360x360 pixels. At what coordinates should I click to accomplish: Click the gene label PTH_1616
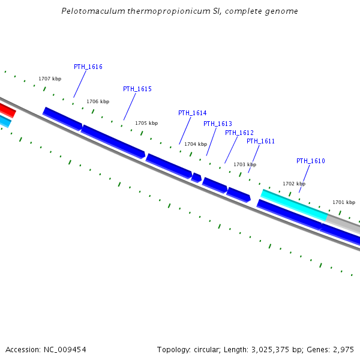(88, 67)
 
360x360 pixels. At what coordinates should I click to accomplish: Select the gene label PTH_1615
(137, 89)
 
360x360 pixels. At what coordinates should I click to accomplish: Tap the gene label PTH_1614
(192, 113)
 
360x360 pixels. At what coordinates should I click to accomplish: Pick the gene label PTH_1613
(217, 124)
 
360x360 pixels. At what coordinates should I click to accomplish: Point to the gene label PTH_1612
(239, 133)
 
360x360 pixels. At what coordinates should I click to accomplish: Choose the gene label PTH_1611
(260, 141)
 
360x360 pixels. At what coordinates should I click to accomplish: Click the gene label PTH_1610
(311, 161)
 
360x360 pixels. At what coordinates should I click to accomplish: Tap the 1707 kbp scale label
(50, 79)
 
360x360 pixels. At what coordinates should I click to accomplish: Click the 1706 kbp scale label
(98, 101)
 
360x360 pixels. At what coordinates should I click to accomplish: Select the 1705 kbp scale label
(146, 123)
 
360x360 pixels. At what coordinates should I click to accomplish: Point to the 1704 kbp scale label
(196, 144)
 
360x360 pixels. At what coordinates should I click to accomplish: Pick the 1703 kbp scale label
(245, 164)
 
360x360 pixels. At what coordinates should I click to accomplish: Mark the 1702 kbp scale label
(294, 184)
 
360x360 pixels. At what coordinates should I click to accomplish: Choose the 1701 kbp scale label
(344, 202)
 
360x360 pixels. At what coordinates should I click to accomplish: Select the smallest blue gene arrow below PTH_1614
(196, 177)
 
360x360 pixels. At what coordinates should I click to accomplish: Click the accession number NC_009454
(64, 349)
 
